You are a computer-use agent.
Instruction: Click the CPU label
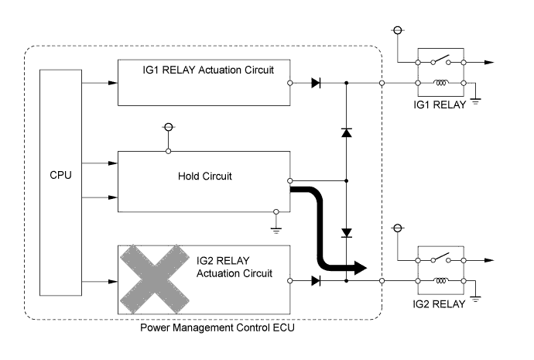click(60, 175)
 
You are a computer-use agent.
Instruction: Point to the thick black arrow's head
click(358, 268)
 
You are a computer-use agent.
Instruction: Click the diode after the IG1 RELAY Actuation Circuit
click(315, 82)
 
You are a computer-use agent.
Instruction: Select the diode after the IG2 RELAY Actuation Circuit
click(315, 279)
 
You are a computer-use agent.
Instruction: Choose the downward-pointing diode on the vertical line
click(346, 232)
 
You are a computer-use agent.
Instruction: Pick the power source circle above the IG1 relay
click(398, 31)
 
